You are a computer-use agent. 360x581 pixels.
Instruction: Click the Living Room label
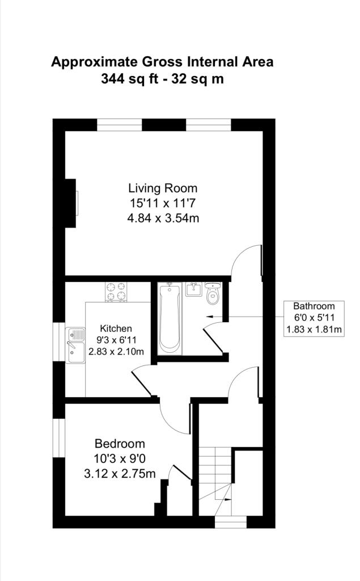pyautogui.click(x=163, y=188)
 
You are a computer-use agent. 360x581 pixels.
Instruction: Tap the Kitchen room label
pyautogui.click(x=116, y=329)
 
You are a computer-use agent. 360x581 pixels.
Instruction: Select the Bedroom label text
pyautogui.click(x=120, y=444)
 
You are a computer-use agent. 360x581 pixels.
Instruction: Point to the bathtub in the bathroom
pyautogui.click(x=170, y=318)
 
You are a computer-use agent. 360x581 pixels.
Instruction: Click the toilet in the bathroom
pyautogui.click(x=213, y=293)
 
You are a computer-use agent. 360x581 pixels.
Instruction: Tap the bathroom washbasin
pyautogui.click(x=193, y=289)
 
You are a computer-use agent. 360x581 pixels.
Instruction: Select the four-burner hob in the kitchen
pyautogui.click(x=116, y=292)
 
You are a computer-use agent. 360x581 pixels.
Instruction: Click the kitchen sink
pyautogui.click(x=75, y=345)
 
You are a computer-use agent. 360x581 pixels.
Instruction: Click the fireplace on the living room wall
pyautogui.click(x=71, y=203)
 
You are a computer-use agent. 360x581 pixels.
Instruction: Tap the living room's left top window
pyautogui.click(x=120, y=125)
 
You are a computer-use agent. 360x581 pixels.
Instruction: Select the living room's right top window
pyautogui.click(x=209, y=125)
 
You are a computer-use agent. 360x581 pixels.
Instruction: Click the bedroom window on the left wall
pyautogui.click(x=59, y=438)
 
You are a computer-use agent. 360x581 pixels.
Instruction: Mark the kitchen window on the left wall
pyautogui.click(x=59, y=342)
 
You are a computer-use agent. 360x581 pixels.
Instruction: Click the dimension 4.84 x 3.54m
pyautogui.click(x=163, y=218)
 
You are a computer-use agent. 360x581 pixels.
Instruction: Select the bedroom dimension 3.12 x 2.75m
pyautogui.click(x=120, y=474)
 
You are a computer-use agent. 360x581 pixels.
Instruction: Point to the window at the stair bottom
pyautogui.click(x=231, y=522)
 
